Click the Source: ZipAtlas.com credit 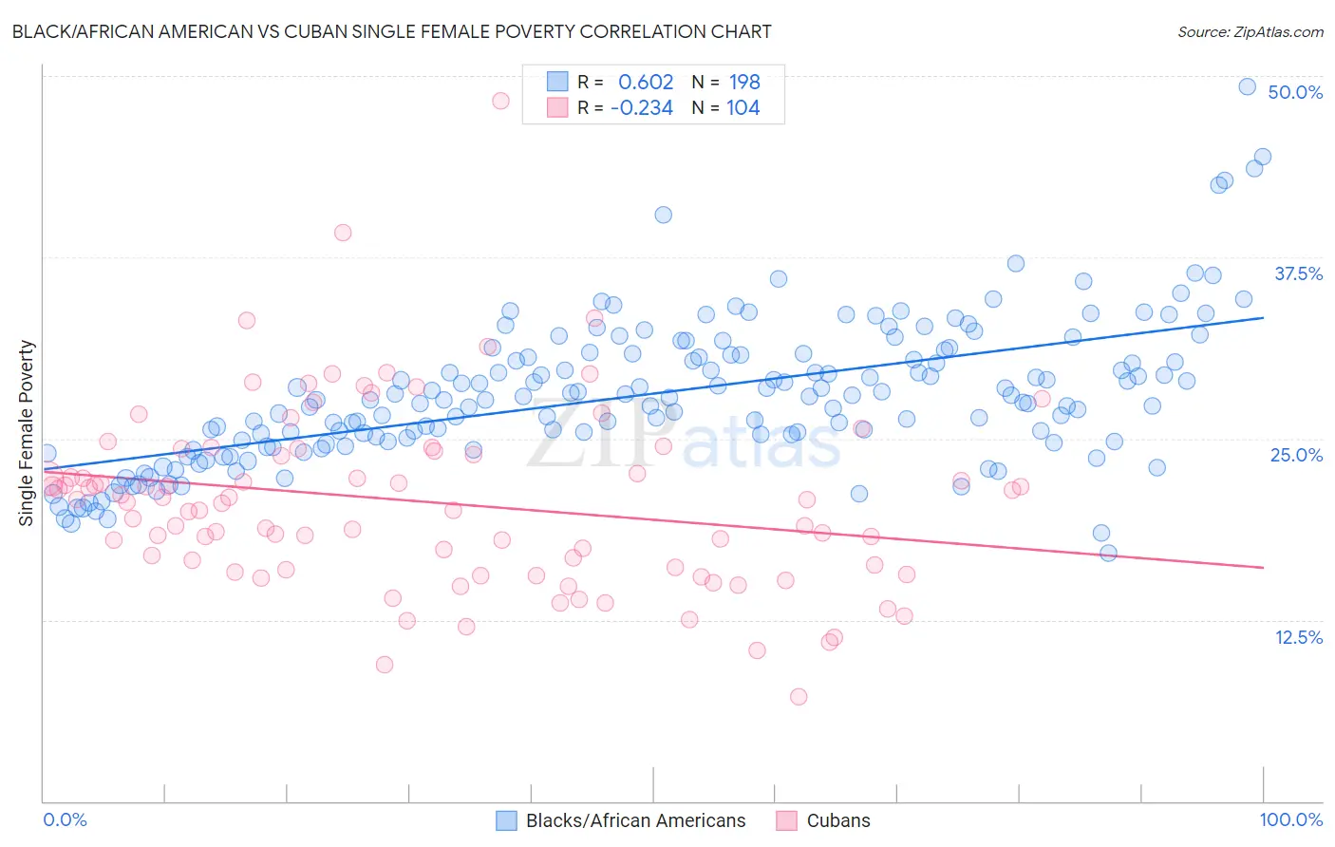coord(1250,31)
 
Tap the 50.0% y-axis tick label coord(1295,92)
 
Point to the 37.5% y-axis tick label coord(1298,273)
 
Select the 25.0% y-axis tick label coord(1296,455)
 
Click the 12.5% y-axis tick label coord(1298,637)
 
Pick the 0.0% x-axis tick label coord(65,819)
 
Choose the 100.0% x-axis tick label coord(1290,819)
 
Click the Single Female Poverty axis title coord(27,433)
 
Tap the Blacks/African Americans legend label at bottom coord(635,820)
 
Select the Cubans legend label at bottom coord(837,820)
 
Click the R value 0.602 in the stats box coord(646,82)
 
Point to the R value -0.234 coord(642,108)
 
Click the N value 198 coord(744,82)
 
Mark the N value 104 coord(743,108)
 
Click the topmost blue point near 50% coord(1248,86)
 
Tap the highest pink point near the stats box coord(500,101)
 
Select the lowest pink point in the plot coord(799,697)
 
